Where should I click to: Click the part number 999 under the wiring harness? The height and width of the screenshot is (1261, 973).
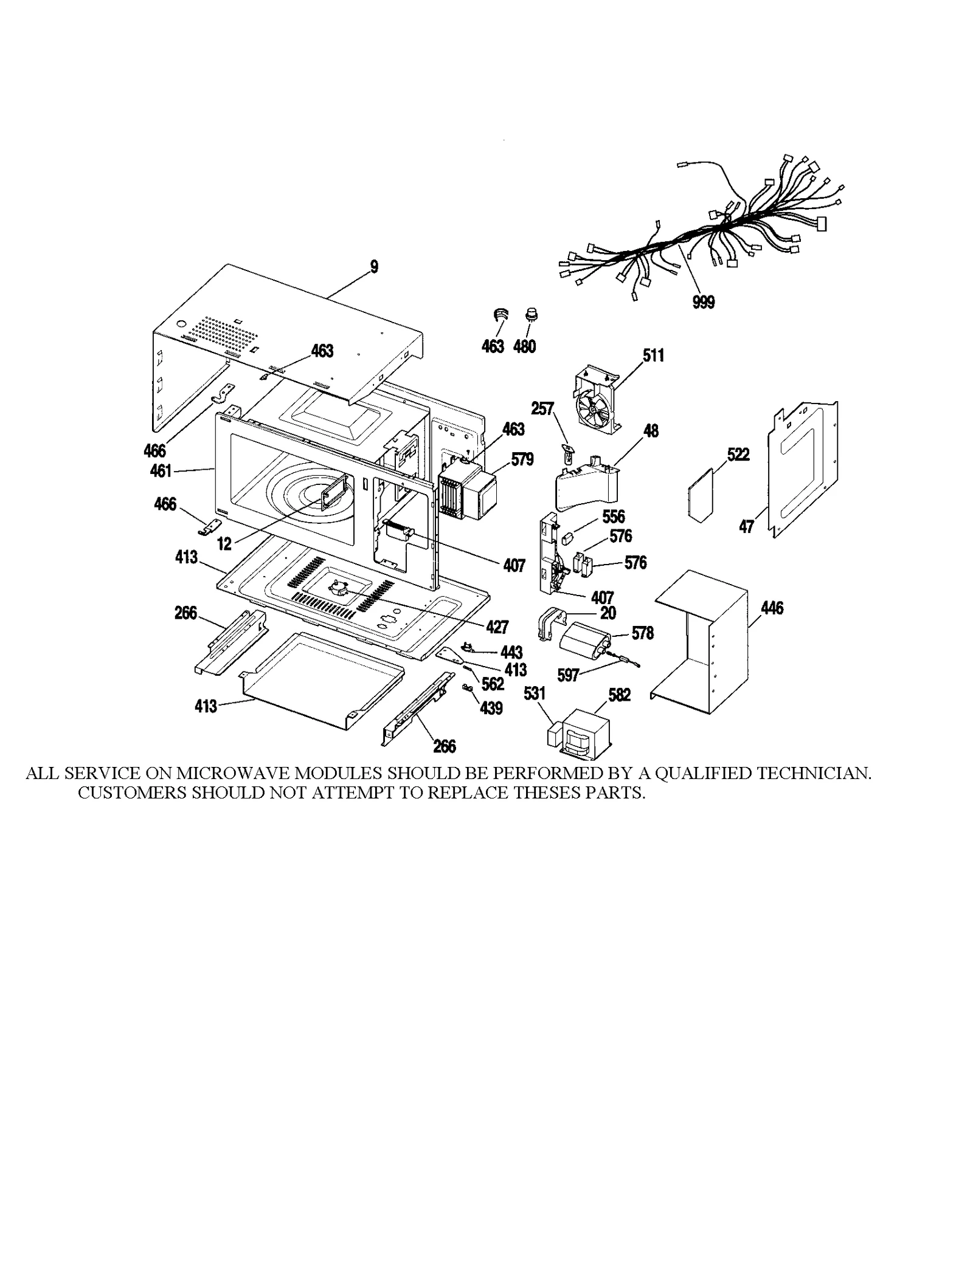703,302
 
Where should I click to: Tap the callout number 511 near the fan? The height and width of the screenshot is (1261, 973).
653,356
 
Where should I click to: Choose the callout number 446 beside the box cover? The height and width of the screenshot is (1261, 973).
772,608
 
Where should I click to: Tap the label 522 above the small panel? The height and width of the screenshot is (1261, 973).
738,455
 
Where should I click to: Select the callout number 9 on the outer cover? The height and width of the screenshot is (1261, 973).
374,266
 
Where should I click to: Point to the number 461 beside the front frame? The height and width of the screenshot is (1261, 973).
161,470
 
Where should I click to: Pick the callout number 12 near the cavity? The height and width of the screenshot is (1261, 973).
224,544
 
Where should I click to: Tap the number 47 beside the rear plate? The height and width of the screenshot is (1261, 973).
746,526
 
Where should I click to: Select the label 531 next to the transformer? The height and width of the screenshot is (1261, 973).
534,693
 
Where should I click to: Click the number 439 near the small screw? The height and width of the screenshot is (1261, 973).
491,708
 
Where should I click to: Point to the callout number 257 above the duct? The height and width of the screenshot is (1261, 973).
542,408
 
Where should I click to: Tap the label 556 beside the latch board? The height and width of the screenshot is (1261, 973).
613,517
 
